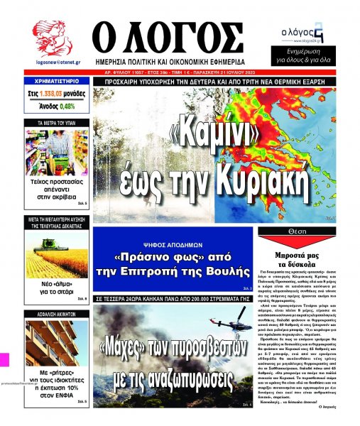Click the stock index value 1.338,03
pyautogui.click(x=53, y=93)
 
